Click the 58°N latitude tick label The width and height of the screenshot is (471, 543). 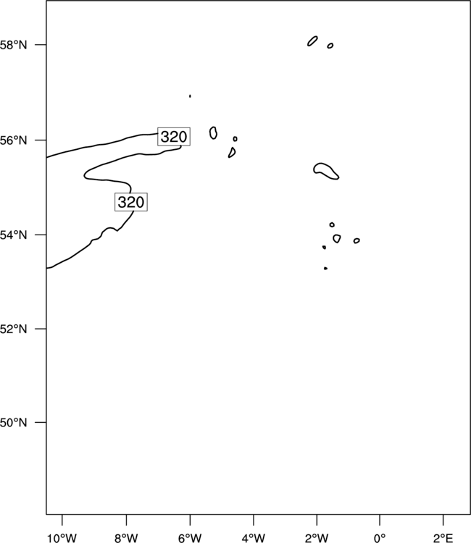click(13, 45)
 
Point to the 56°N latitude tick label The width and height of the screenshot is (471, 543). click(13, 140)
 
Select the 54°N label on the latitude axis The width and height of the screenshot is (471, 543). click(13, 235)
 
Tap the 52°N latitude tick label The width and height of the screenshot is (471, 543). click(13, 329)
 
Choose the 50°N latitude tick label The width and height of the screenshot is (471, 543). click(13, 423)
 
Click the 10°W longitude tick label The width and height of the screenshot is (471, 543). click(62, 538)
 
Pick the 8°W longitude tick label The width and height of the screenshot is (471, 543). click(126, 538)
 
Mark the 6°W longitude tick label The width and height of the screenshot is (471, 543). click(190, 538)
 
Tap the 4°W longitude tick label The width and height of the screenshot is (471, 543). click(254, 538)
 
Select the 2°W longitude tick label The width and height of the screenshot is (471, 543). click(317, 538)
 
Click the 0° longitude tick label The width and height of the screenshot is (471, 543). click(380, 538)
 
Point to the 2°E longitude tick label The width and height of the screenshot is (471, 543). click(443, 538)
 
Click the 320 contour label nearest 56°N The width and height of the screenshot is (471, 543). click(174, 137)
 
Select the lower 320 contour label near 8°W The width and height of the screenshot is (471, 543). click(131, 202)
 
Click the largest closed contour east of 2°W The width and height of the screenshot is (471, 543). click(320, 164)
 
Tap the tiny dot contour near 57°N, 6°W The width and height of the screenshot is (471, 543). click(190, 96)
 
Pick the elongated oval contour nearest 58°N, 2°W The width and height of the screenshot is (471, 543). click(312, 41)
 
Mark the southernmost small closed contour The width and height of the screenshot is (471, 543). click(325, 269)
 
